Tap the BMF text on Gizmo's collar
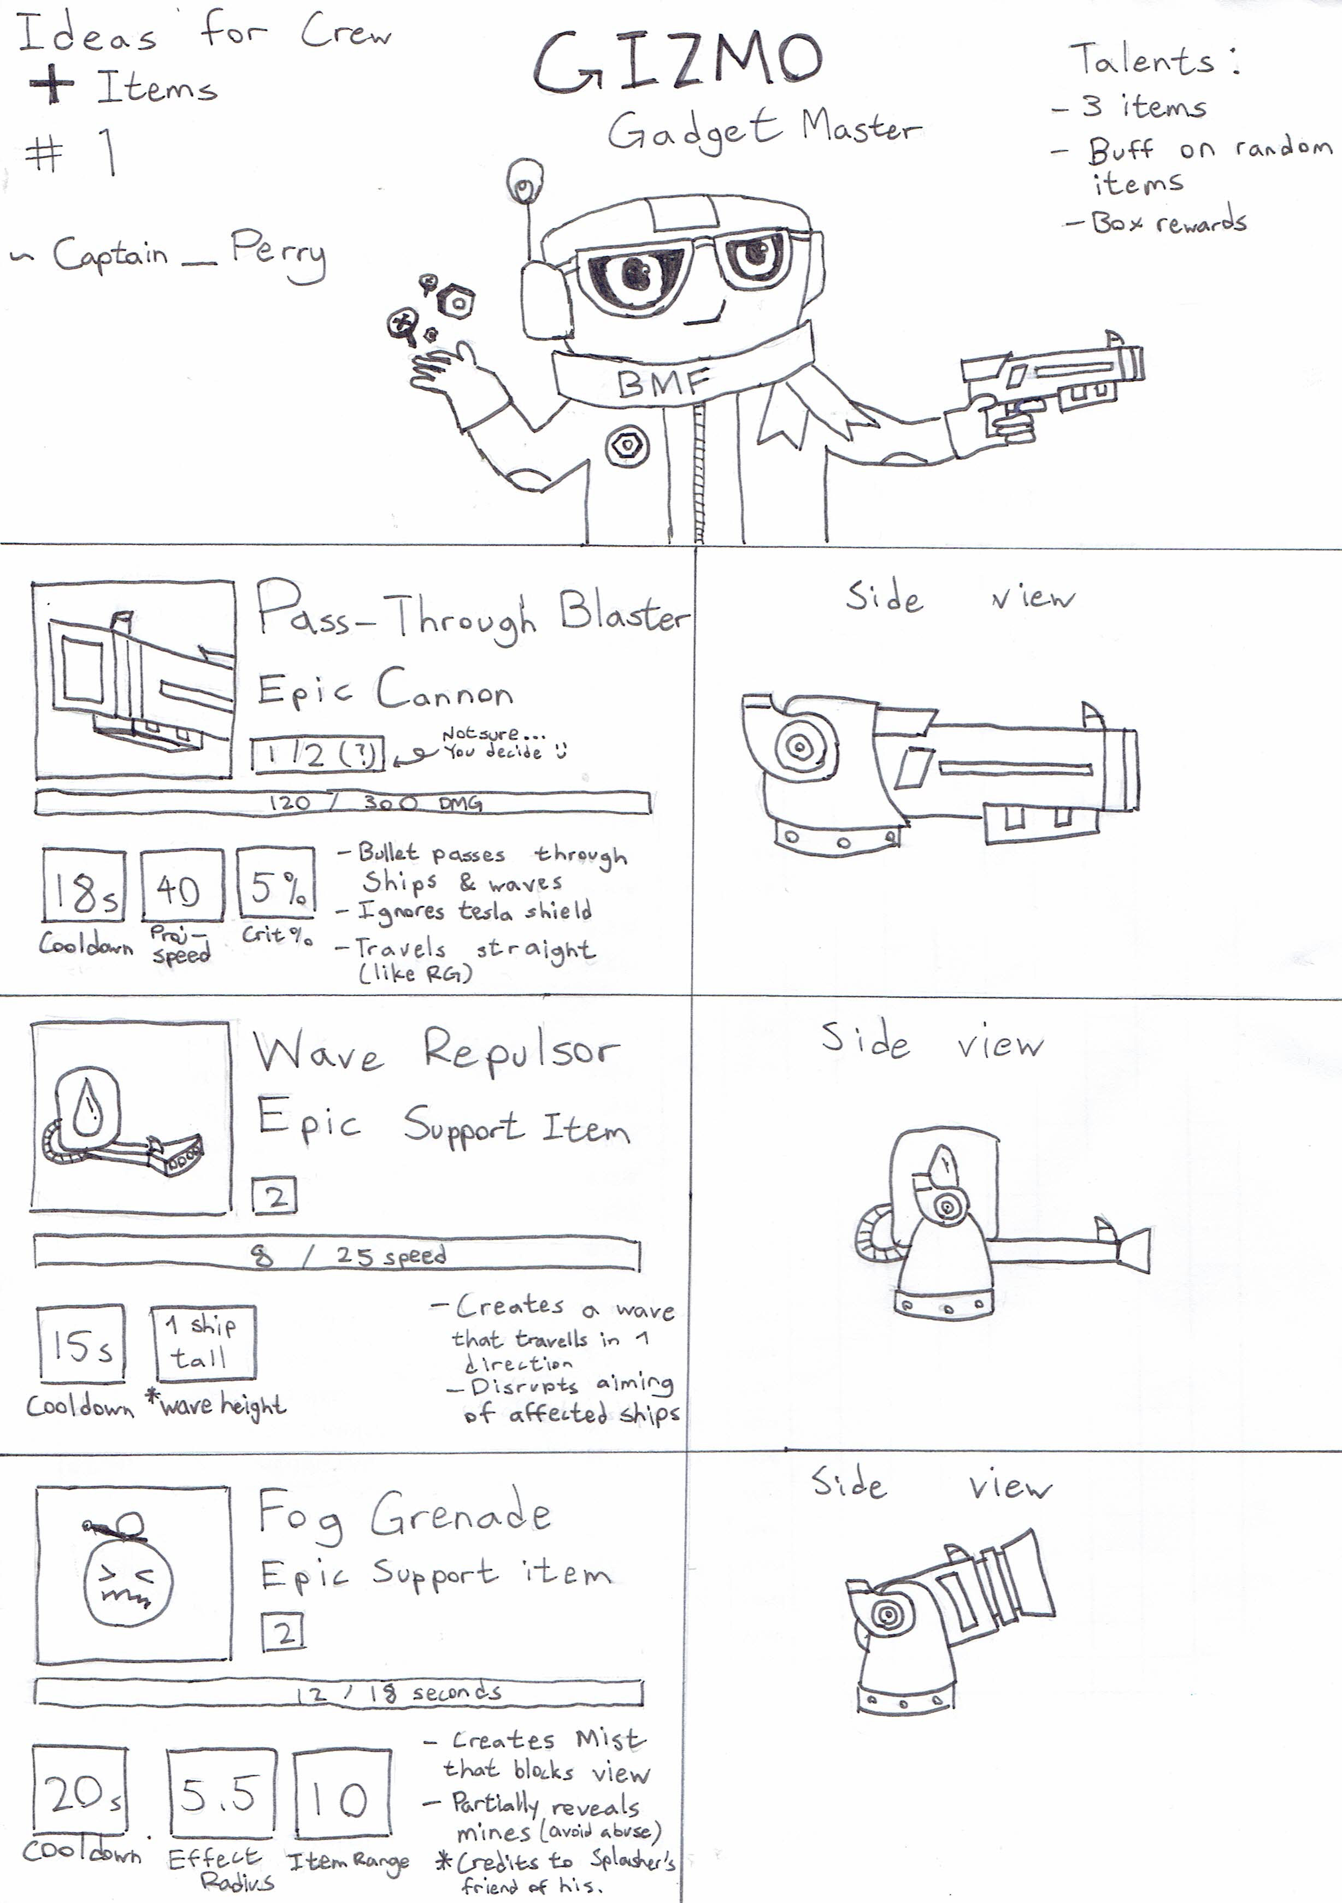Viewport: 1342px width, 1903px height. [663, 383]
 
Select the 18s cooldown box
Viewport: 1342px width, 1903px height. [84, 884]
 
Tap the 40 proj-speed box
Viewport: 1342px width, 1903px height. [181, 884]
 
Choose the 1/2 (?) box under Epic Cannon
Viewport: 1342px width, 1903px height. [319, 754]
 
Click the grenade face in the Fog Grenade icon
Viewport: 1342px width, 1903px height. [128, 1581]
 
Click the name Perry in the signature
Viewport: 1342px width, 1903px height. [278, 252]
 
